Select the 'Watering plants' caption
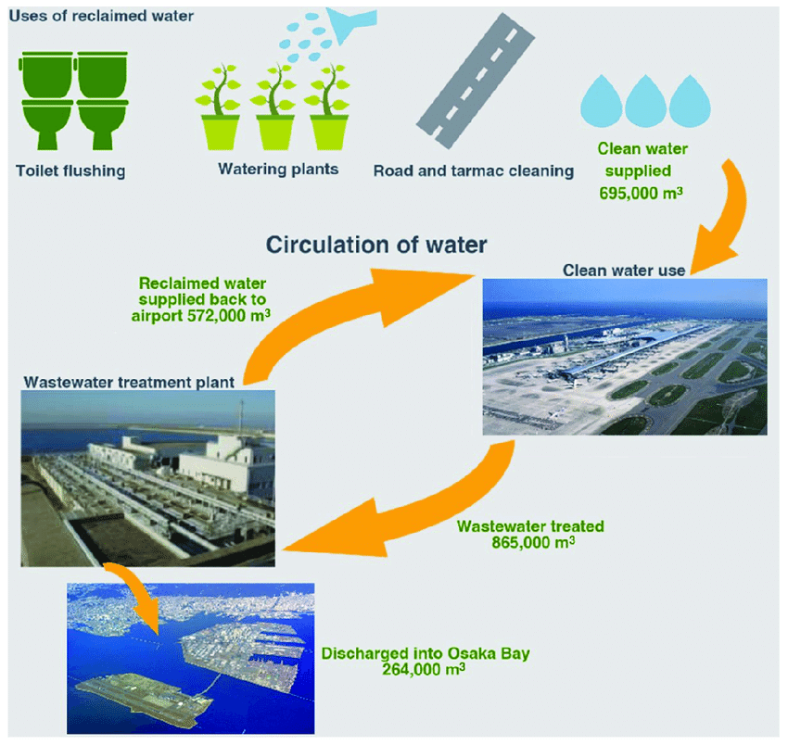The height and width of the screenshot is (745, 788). click(x=278, y=170)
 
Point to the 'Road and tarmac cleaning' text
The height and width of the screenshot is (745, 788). click(x=473, y=170)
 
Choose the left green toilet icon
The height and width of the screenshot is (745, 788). click(x=43, y=97)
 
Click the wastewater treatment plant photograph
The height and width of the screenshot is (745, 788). click(x=148, y=477)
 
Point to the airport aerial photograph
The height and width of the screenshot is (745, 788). click(x=624, y=357)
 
